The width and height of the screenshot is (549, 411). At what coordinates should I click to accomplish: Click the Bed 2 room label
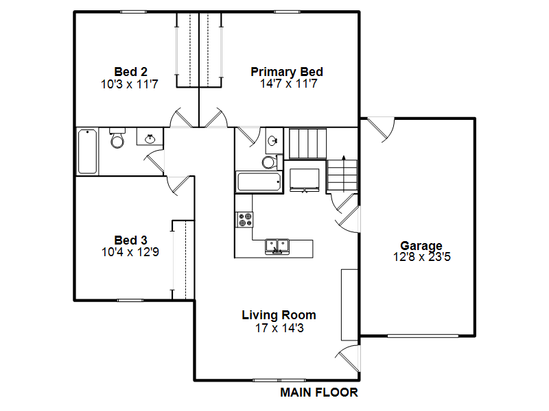tap(130, 72)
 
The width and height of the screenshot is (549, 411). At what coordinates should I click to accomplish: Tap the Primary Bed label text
tap(287, 72)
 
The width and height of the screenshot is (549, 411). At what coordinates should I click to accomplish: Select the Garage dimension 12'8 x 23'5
tap(421, 257)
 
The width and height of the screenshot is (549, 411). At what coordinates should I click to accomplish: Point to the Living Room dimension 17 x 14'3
tap(279, 328)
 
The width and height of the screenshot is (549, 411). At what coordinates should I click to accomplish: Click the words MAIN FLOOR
tap(319, 393)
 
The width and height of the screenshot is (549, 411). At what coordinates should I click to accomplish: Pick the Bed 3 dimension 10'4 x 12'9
tap(130, 252)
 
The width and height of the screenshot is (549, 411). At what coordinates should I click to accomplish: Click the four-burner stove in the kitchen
tap(245, 220)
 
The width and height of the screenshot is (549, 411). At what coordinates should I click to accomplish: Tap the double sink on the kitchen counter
tap(277, 247)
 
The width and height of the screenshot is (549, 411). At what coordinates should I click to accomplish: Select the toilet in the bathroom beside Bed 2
tap(117, 138)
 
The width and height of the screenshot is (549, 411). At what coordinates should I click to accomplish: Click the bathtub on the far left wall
tap(88, 151)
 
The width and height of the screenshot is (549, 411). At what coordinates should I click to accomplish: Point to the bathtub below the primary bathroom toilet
tap(259, 182)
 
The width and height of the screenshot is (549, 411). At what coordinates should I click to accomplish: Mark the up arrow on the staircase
tap(344, 174)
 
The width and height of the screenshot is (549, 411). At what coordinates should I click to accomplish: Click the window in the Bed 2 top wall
tap(133, 12)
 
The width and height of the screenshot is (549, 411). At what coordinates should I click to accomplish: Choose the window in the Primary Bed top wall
tap(287, 12)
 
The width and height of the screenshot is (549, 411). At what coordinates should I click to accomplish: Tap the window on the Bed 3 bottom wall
tap(130, 300)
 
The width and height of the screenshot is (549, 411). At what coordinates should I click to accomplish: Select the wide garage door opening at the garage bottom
tap(423, 336)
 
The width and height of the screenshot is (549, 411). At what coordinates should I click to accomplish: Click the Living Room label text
tap(279, 315)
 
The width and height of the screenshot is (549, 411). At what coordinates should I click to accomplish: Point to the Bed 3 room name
tap(130, 240)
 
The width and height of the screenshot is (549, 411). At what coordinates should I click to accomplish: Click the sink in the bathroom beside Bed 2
tap(150, 138)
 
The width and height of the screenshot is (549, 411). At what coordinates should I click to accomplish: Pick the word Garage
tap(421, 246)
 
